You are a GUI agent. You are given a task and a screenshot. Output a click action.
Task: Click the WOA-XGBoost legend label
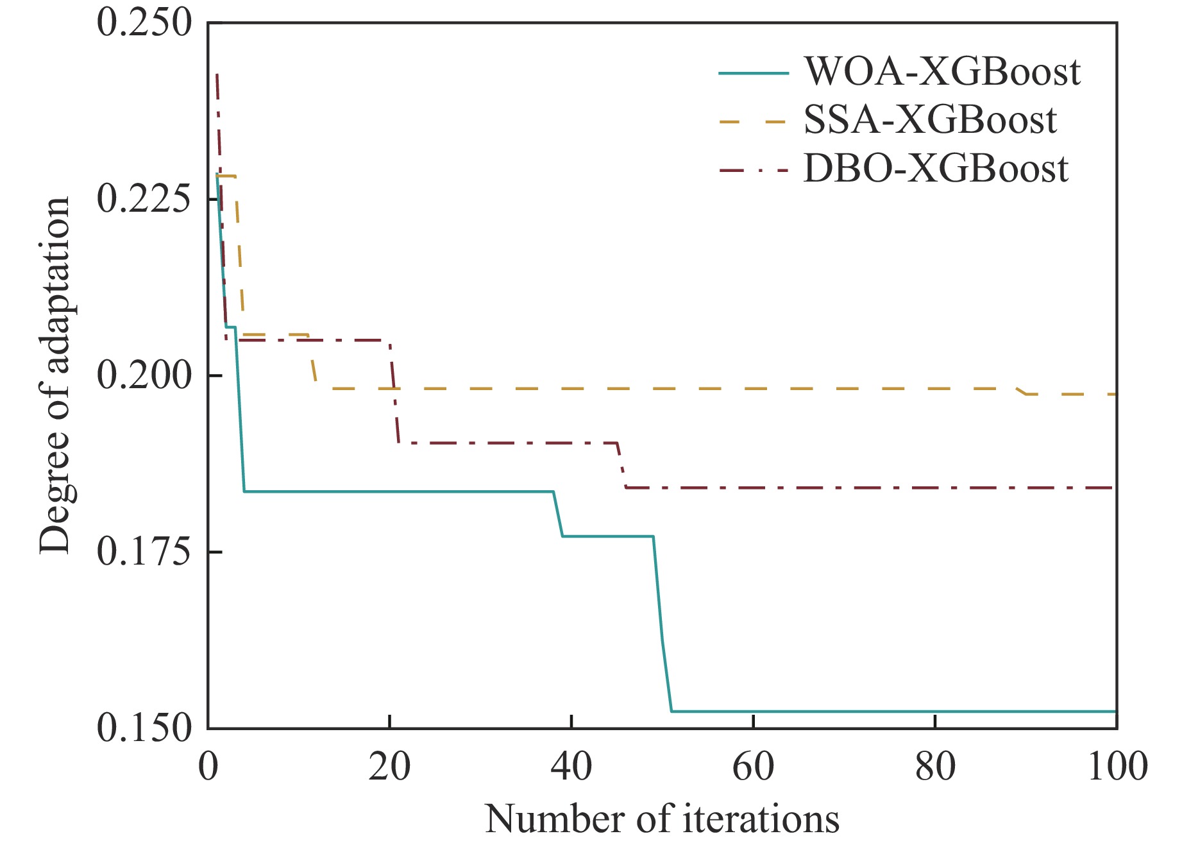[x=942, y=71]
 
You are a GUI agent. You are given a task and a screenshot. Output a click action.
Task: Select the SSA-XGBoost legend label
[x=930, y=120]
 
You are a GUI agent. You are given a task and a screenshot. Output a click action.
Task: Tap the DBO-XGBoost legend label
[x=936, y=169]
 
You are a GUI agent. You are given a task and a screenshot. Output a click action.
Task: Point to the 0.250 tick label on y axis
[x=144, y=23]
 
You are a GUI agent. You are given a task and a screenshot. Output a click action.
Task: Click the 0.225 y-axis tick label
[x=144, y=199]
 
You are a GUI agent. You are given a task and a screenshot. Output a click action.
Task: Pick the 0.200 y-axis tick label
[x=144, y=375]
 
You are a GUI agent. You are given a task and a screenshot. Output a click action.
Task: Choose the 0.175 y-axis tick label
[x=144, y=552]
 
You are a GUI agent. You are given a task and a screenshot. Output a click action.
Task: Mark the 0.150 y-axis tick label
[x=144, y=728]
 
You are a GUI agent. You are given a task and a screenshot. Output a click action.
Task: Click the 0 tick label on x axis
[x=208, y=766]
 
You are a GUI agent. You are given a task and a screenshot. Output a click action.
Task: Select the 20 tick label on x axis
[x=389, y=766]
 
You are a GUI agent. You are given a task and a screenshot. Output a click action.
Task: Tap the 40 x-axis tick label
[x=571, y=766]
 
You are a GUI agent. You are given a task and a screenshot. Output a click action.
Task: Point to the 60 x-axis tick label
[x=753, y=766]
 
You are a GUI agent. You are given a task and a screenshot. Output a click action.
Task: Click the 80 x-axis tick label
[x=935, y=766]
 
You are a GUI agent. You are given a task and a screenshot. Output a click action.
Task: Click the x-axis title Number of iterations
[x=662, y=819]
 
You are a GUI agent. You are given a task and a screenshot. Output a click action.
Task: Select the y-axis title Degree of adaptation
[x=54, y=375]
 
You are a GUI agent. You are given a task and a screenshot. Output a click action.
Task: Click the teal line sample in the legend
[x=753, y=73]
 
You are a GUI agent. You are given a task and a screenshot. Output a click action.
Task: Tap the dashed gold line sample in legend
[x=753, y=122]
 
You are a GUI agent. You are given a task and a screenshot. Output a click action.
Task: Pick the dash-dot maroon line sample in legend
[x=753, y=171]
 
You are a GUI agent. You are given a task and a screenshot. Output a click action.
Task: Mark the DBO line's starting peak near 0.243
[x=217, y=75]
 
